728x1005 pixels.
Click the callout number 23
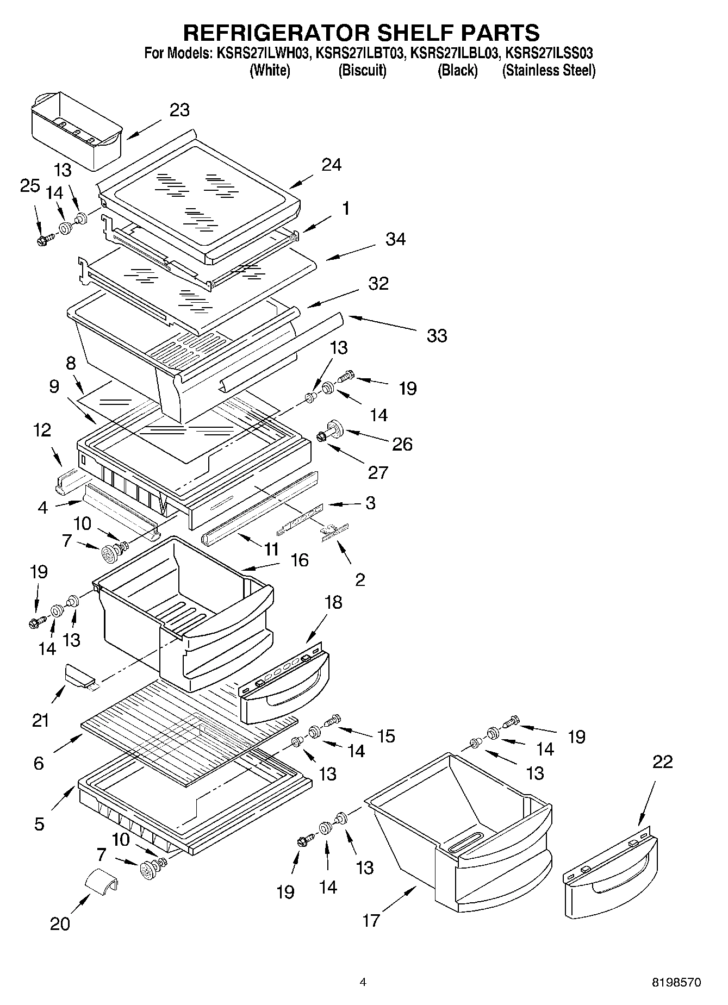coord(179,110)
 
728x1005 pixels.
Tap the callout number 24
coord(331,165)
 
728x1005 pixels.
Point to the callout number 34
coord(395,239)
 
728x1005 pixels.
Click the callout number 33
coord(437,336)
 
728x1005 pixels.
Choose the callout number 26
coord(402,444)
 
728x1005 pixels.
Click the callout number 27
coord(378,472)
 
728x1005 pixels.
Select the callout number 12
coord(42,430)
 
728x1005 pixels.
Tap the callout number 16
coord(300,560)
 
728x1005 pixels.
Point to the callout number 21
coord(41,721)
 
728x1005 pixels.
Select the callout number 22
coord(662,762)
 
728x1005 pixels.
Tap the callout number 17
coord(371,921)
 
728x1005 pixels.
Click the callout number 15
coord(385,736)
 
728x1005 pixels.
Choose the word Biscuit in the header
coord(363,71)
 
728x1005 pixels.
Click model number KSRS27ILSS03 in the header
coord(549,54)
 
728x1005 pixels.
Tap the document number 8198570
coord(676,983)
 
